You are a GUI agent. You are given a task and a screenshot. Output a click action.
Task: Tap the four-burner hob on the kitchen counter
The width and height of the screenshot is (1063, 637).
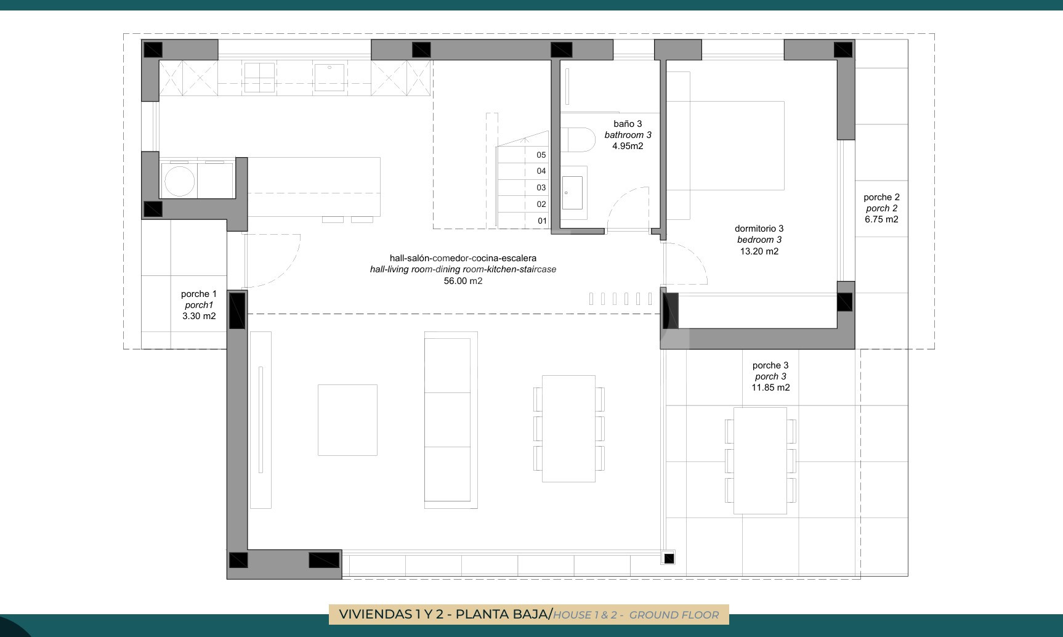pos(259,78)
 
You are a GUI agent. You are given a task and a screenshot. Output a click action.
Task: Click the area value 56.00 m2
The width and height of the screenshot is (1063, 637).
pos(463,281)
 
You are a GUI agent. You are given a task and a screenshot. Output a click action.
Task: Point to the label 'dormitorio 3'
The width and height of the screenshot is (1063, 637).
pos(759,229)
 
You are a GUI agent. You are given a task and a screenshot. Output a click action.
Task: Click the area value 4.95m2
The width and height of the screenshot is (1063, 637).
pos(628,146)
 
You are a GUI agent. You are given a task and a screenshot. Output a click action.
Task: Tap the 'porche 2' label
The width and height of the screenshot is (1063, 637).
pos(881,197)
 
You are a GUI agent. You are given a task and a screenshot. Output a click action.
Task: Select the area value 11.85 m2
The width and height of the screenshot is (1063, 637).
pos(770,387)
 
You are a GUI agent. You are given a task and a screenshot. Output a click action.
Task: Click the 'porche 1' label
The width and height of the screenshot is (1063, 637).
pos(198,294)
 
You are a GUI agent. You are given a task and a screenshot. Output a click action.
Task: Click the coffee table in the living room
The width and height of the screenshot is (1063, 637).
pos(347,420)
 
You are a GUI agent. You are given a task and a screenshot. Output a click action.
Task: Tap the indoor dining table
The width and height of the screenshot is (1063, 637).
pos(568,429)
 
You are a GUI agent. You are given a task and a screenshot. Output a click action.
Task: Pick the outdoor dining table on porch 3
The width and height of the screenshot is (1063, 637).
pos(760,460)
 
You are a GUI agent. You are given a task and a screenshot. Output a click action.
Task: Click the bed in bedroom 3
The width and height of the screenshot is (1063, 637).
pos(725,145)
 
